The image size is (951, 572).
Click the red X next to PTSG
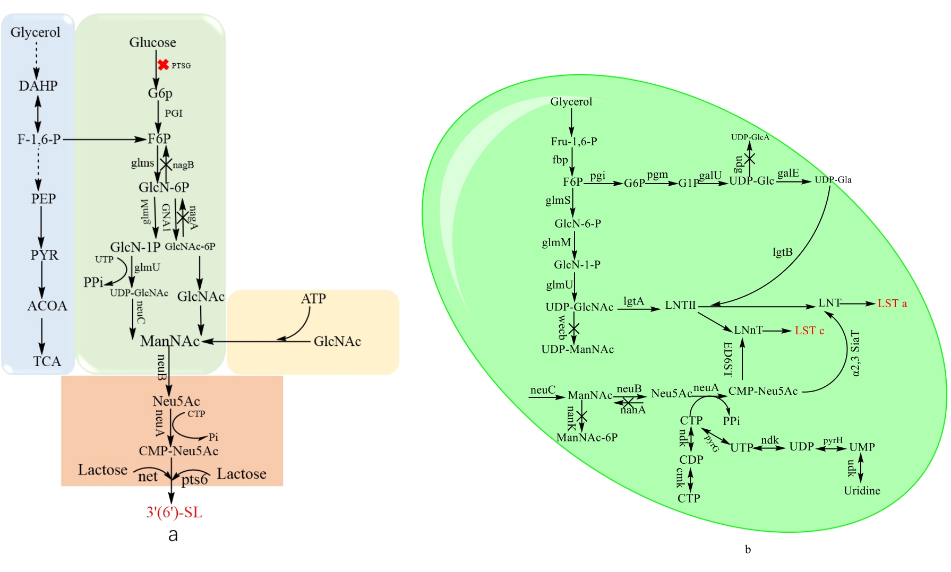(x=163, y=65)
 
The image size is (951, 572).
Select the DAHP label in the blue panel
(x=38, y=86)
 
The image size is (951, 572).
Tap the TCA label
(x=47, y=361)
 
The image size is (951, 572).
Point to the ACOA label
(x=47, y=306)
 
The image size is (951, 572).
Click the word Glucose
(x=152, y=42)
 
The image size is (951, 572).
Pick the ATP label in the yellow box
(x=313, y=299)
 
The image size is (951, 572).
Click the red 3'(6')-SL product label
(x=174, y=513)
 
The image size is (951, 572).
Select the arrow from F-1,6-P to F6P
(x=104, y=140)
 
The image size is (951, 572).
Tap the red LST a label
(x=892, y=304)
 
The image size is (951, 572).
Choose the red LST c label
(x=809, y=331)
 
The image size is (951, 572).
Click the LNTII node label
(x=680, y=306)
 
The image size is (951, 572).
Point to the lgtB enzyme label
(x=782, y=252)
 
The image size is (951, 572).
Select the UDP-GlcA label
(x=750, y=137)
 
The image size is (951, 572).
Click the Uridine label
(x=862, y=491)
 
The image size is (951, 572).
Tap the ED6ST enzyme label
(x=728, y=359)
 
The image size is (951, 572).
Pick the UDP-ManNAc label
(x=577, y=350)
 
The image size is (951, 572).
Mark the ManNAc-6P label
(x=587, y=438)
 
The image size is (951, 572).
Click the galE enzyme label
(x=788, y=174)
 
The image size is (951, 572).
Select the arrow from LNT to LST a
(x=858, y=304)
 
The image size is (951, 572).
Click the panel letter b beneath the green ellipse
(x=748, y=550)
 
